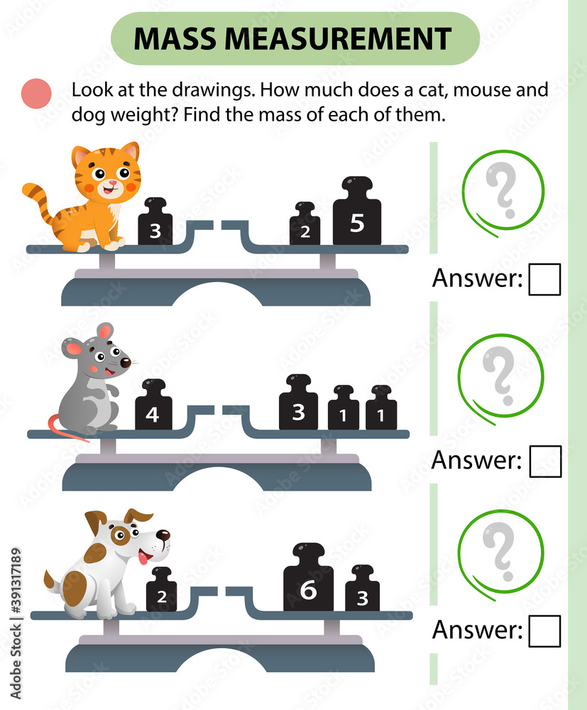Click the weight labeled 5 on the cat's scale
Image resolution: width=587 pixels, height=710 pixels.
coord(357,217)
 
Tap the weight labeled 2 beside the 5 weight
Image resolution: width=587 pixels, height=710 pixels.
coord(305,226)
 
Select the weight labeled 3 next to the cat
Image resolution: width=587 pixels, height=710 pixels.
coord(155,225)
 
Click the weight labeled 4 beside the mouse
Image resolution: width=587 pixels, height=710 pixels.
coord(153,408)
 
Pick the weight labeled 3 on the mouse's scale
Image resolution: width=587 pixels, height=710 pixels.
coord(298,406)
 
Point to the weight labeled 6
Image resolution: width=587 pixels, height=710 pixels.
coord(307,582)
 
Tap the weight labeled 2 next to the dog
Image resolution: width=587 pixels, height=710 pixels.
coord(161,593)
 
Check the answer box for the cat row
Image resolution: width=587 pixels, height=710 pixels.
coord(545,279)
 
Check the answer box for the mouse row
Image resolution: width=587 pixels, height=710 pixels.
coord(545,461)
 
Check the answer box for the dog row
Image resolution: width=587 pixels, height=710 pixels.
coord(545,630)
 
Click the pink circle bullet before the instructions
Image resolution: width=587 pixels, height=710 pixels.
coord(38,93)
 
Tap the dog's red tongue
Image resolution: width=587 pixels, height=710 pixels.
coord(144,559)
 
